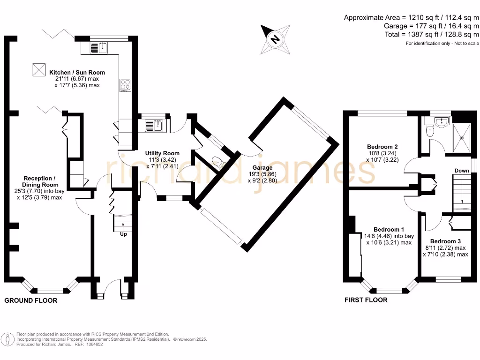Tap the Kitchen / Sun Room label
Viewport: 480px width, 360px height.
[77, 73]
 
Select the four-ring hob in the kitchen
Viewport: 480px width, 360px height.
[125, 85]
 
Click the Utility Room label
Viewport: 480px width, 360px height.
[162, 153]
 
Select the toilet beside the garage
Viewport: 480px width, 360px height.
[218, 163]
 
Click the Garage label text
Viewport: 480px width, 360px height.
[262, 167]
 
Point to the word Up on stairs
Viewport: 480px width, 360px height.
[124, 234]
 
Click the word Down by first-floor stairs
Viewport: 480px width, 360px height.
[461, 171]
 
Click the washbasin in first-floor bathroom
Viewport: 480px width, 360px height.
[441, 123]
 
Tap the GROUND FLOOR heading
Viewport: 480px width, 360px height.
[31, 300]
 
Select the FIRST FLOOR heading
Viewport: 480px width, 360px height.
[366, 300]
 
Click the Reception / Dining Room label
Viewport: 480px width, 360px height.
[40, 181]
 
